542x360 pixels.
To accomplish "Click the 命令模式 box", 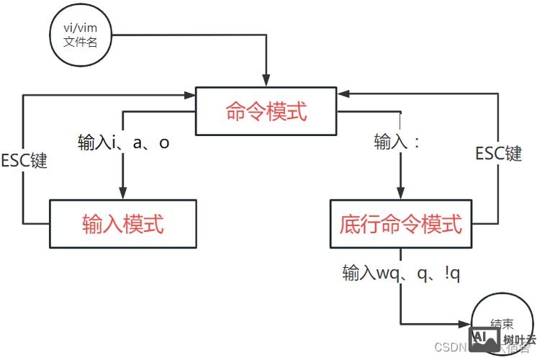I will (266, 112).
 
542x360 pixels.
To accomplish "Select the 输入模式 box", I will (123, 224).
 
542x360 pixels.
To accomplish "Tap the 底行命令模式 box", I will (401, 224).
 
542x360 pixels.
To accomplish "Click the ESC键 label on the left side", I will (24, 160).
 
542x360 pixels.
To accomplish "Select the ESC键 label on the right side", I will (499, 153).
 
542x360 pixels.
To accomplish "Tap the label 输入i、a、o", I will (124, 143).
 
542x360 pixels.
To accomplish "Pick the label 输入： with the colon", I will (397, 143).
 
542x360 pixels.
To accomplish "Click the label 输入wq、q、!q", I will (401, 273).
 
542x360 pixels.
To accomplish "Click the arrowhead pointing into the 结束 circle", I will (464, 323).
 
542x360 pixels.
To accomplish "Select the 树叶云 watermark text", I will (519, 340).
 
